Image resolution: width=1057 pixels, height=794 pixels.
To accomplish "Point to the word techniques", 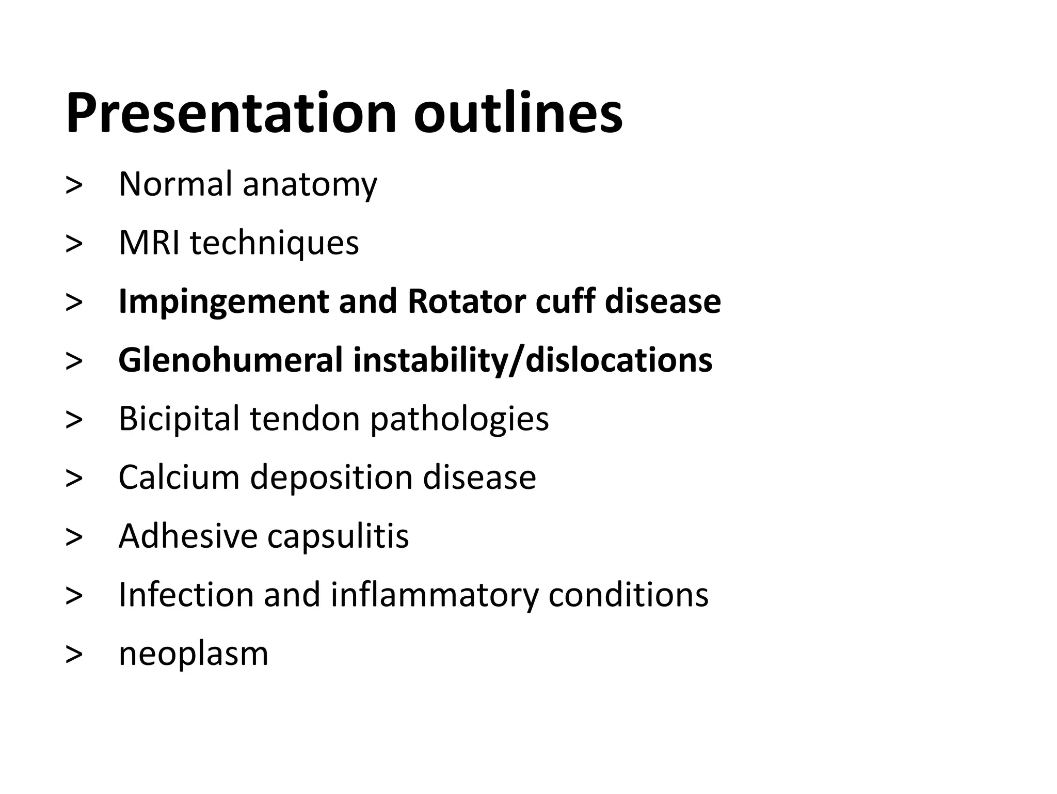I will (275, 243).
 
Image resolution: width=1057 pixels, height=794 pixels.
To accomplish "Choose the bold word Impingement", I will (223, 301).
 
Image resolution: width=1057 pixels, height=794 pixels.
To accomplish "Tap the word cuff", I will (565, 301).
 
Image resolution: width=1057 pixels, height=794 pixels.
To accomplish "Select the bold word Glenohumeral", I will (230, 360).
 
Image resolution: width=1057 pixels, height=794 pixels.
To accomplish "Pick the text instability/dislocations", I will (533, 360).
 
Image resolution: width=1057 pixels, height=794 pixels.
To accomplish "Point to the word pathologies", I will (459, 419).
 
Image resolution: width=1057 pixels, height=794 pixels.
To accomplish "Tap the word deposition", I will (331, 477).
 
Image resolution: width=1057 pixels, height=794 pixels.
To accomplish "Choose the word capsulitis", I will (338, 536).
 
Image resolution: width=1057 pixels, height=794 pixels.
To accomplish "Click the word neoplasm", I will (194, 655).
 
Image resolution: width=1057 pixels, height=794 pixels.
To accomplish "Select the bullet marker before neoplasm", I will (74, 655).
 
